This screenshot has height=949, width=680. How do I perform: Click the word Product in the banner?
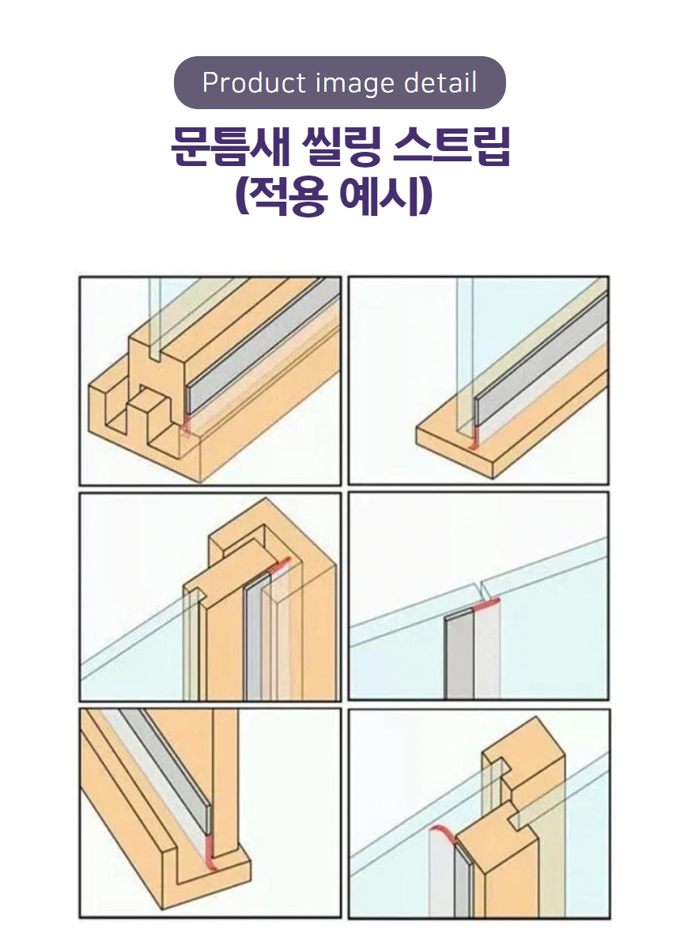click(254, 82)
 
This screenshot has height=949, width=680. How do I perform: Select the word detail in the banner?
click(440, 82)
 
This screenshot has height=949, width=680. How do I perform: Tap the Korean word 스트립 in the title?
click(451, 146)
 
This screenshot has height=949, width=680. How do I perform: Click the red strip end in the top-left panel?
click(187, 423)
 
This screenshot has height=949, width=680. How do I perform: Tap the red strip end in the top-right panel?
click(475, 437)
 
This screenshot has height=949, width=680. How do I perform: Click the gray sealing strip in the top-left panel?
click(263, 348)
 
